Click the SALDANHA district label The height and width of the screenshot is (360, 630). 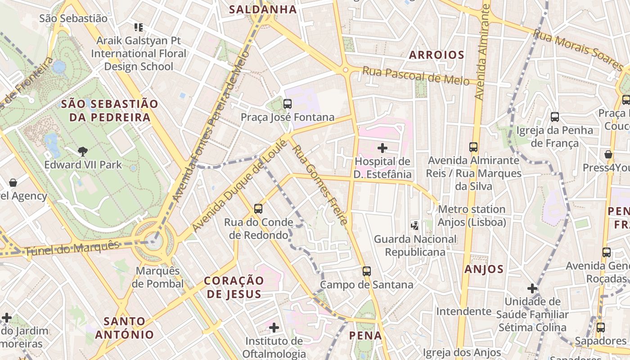point(263,9)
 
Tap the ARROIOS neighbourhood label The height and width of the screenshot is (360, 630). point(436,55)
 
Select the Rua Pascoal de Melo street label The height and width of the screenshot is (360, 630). point(415,76)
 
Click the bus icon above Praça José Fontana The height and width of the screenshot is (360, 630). point(288,104)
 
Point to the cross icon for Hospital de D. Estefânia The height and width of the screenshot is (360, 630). point(382,148)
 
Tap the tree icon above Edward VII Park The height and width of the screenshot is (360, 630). point(83,151)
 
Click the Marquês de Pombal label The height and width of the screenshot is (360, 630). point(157,278)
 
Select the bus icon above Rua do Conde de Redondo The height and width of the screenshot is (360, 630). point(258,209)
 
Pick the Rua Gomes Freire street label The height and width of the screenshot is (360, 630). point(320,184)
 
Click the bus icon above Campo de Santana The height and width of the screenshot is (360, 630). point(367,271)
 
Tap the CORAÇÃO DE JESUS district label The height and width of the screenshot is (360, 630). point(234,287)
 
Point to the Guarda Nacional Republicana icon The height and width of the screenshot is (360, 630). point(415,225)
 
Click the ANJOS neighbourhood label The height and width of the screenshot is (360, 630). point(484,269)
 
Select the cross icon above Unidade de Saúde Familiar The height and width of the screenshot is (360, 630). point(532,288)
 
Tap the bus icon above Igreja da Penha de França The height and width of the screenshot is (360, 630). point(555,117)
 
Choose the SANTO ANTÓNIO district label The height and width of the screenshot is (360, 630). point(125,328)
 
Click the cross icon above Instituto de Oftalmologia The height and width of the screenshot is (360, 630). point(274,327)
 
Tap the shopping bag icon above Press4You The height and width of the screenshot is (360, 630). point(608,154)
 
